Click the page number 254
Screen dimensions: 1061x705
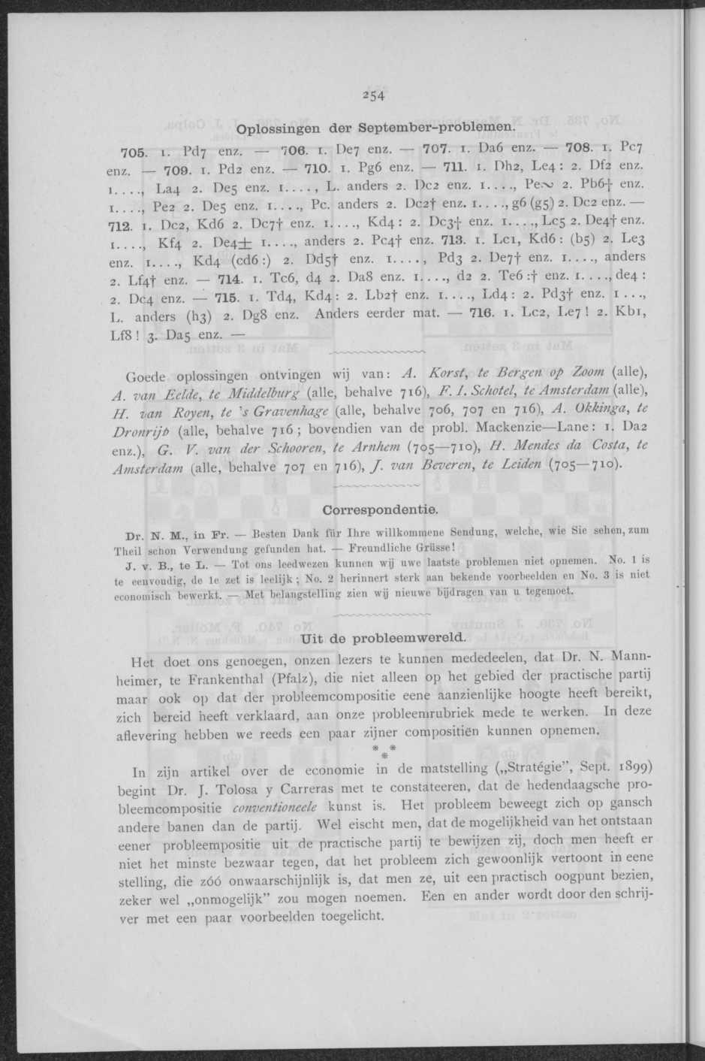click(x=372, y=95)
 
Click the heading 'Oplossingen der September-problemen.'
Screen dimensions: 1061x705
click(x=374, y=128)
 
